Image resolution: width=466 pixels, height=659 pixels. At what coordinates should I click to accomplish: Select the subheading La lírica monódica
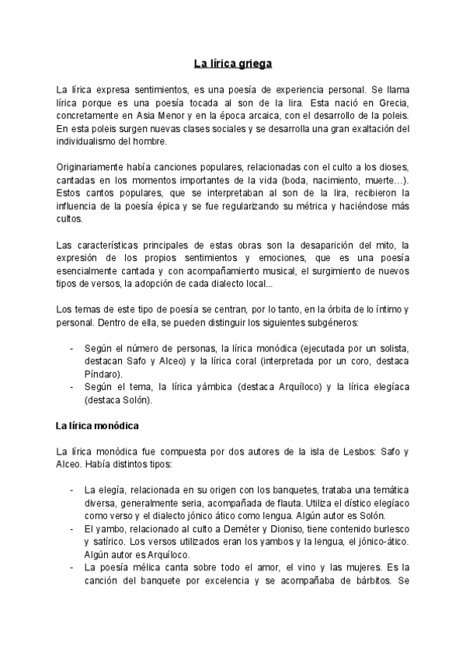point(96,426)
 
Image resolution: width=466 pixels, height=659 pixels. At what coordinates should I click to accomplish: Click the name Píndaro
point(104,372)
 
